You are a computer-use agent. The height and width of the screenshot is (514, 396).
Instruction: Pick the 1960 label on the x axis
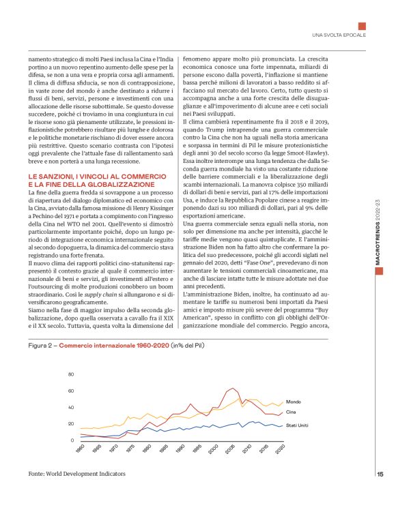[79, 450]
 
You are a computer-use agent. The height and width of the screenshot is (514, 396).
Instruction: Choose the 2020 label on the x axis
[279, 450]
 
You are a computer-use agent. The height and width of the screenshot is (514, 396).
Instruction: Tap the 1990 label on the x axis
[179, 450]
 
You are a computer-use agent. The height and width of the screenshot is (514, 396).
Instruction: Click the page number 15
[380, 474]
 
